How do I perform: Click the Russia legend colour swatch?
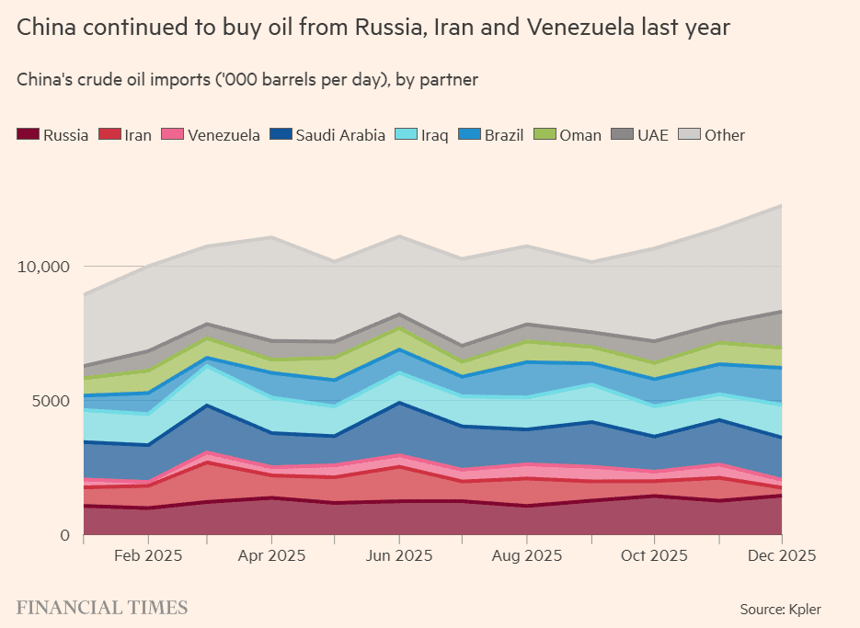tap(28, 135)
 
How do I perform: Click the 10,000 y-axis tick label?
tap(43, 267)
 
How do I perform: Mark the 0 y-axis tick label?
tap(64, 535)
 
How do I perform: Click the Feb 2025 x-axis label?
tap(146, 556)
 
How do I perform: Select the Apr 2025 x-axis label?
tap(272, 556)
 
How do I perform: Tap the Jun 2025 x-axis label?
tap(399, 556)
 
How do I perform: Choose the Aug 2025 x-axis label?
tap(525, 556)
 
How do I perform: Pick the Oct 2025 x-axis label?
tap(652, 556)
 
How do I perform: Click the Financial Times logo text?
tap(102, 608)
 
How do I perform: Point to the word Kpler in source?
tap(804, 609)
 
